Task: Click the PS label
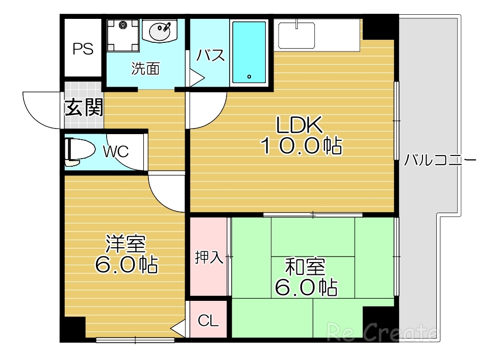pyautogui.click(x=83, y=49)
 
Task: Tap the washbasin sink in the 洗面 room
pyautogui.click(x=159, y=31)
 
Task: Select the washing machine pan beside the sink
pyautogui.click(x=123, y=35)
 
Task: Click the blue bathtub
pyautogui.click(x=249, y=52)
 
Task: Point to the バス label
pyautogui.click(x=210, y=55)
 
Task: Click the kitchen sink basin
pyautogui.click(x=296, y=35)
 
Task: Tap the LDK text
pyautogui.click(x=299, y=124)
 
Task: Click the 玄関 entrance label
pyautogui.click(x=84, y=108)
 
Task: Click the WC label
pyautogui.click(x=116, y=151)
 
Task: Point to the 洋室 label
pyautogui.click(x=126, y=244)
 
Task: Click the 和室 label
pyautogui.click(x=306, y=267)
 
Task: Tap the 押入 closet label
pyautogui.click(x=209, y=257)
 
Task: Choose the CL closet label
pyautogui.click(x=209, y=321)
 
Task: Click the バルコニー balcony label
pyautogui.click(x=440, y=160)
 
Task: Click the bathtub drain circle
pyautogui.click(x=249, y=76)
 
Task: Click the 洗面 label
pyautogui.click(x=145, y=68)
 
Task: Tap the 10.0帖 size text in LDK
pyautogui.click(x=301, y=146)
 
